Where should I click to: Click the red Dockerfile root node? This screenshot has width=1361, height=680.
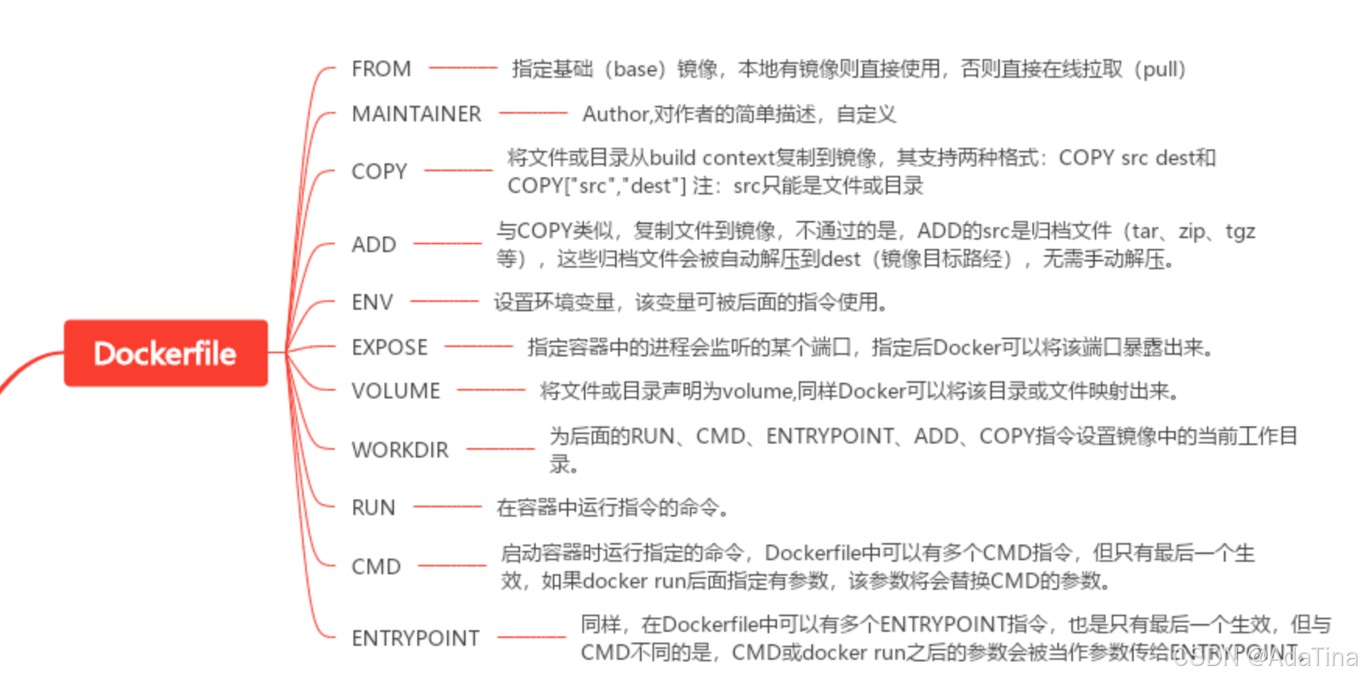pyautogui.click(x=165, y=353)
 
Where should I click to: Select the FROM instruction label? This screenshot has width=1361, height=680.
pyautogui.click(x=381, y=68)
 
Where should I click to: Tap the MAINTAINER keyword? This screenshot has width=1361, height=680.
pyautogui.click(x=416, y=114)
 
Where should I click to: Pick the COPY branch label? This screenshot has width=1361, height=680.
pyautogui.click(x=379, y=171)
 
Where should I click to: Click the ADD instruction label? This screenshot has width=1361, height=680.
pyautogui.click(x=374, y=244)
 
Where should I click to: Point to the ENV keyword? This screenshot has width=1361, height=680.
pyautogui.click(x=372, y=302)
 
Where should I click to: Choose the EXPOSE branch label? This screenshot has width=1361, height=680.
pyautogui.click(x=389, y=347)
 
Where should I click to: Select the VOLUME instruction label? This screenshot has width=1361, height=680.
pyautogui.click(x=396, y=391)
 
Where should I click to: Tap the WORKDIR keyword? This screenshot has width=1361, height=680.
pyautogui.click(x=399, y=450)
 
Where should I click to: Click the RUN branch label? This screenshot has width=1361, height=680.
pyautogui.click(x=373, y=507)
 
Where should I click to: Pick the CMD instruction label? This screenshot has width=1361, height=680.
pyautogui.click(x=376, y=566)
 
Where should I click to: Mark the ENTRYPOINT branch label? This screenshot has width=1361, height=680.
pyautogui.click(x=415, y=638)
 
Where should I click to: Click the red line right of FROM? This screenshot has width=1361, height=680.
pyautogui.click(x=462, y=68)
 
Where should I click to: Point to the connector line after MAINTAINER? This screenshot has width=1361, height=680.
pyautogui.click(x=533, y=114)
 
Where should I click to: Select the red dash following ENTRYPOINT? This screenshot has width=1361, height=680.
pyautogui.click(x=531, y=638)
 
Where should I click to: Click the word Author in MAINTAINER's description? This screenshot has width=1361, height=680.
pyautogui.click(x=614, y=114)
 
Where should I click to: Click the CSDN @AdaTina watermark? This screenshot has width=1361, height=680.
pyautogui.click(x=1265, y=658)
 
